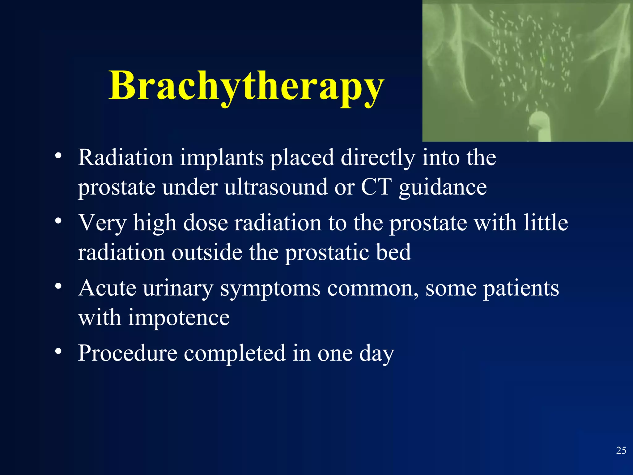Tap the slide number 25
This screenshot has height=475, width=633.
click(621, 451)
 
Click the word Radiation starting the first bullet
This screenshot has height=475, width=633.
click(125, 158)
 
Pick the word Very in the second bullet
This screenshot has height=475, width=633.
click(102, 223)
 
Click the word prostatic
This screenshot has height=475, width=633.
click(326, 252)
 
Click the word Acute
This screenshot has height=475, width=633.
click(107, 288)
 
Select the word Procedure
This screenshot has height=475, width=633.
click(127, 353)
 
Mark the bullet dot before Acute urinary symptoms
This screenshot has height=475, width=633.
click(58, 286)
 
